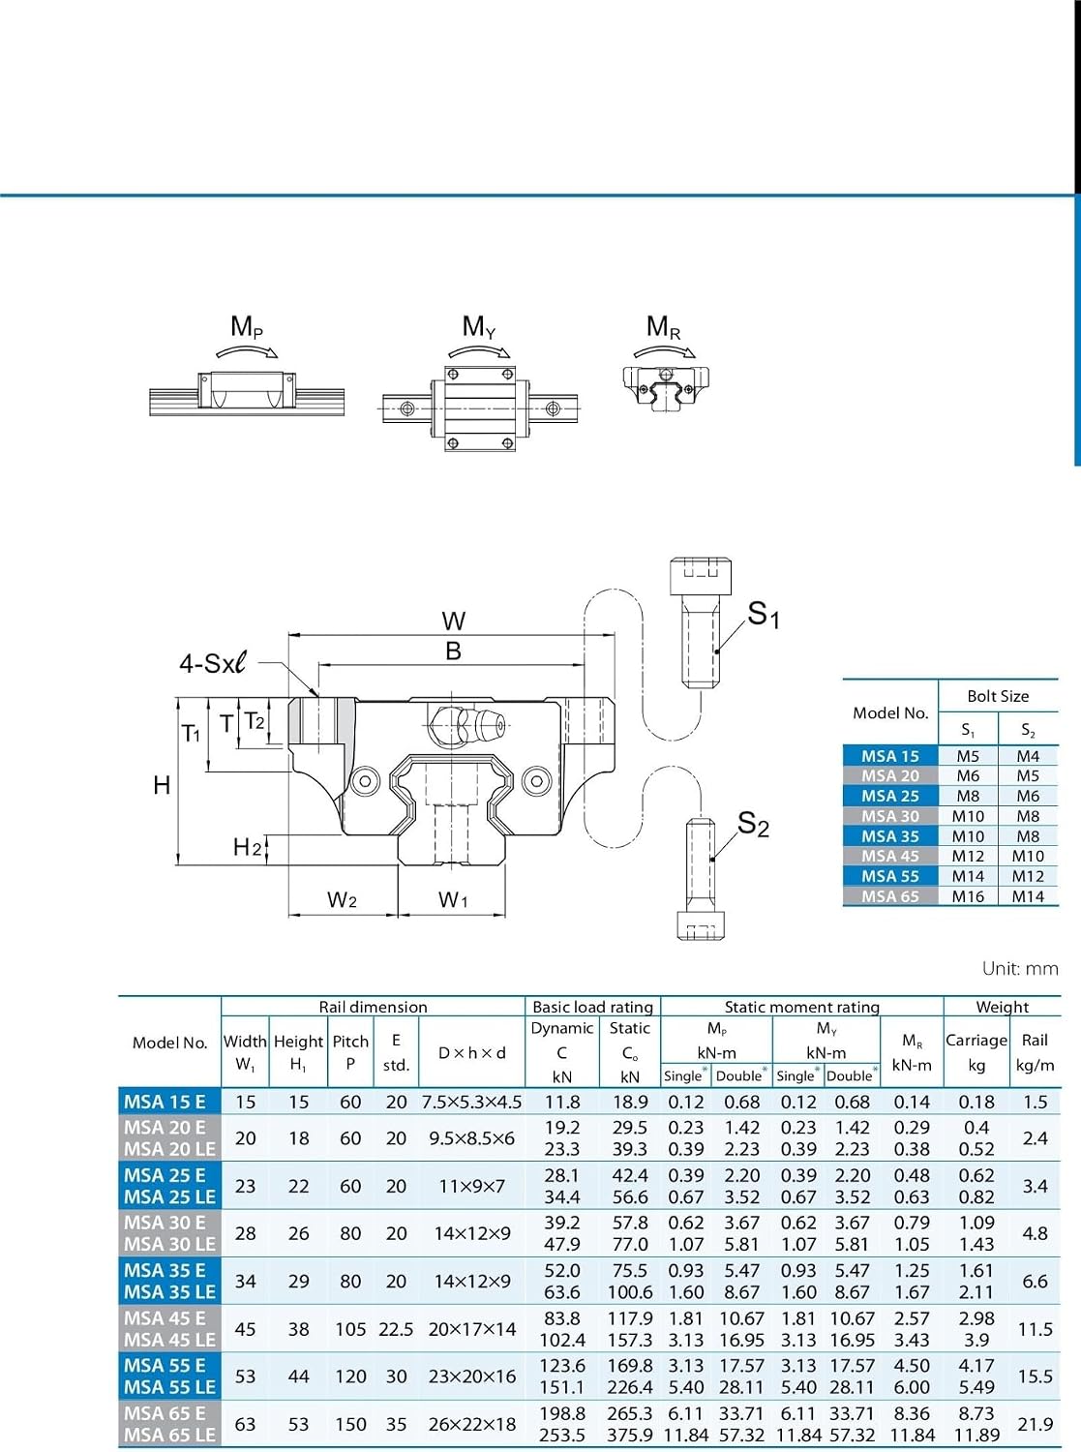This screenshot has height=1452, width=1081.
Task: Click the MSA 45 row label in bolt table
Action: coord(889,856)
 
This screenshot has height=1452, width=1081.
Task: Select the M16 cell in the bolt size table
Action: coord(968,896)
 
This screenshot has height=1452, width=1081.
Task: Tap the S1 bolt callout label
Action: coord(764,614)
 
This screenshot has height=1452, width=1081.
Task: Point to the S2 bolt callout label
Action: coord(753,824)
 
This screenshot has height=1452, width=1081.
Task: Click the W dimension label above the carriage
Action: coord(453,620)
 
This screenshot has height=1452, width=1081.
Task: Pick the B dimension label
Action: coord(453,650)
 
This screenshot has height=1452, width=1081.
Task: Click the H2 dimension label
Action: coord(247,848)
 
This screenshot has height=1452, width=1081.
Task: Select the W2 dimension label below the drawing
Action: coord(342,899)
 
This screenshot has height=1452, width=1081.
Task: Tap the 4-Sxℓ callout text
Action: coord(213,663)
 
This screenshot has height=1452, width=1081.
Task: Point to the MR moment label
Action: coord(663,326)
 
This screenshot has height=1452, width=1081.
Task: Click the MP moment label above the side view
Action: coord(247,326)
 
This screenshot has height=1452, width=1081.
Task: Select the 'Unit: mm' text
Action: coord(1020,968)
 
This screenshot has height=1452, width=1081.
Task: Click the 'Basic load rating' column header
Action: coord(593,1007)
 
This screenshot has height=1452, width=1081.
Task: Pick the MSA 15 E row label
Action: coord(165,1102)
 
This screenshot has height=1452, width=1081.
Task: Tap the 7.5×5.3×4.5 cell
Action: coord(471,1102)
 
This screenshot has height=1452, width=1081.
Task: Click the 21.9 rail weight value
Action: coord(1036,1424)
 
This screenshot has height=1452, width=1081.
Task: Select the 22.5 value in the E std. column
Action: coord(396,1329)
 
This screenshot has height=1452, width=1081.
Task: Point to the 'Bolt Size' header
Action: coord(998,696)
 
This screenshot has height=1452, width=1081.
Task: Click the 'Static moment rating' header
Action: coord(802,1007)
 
